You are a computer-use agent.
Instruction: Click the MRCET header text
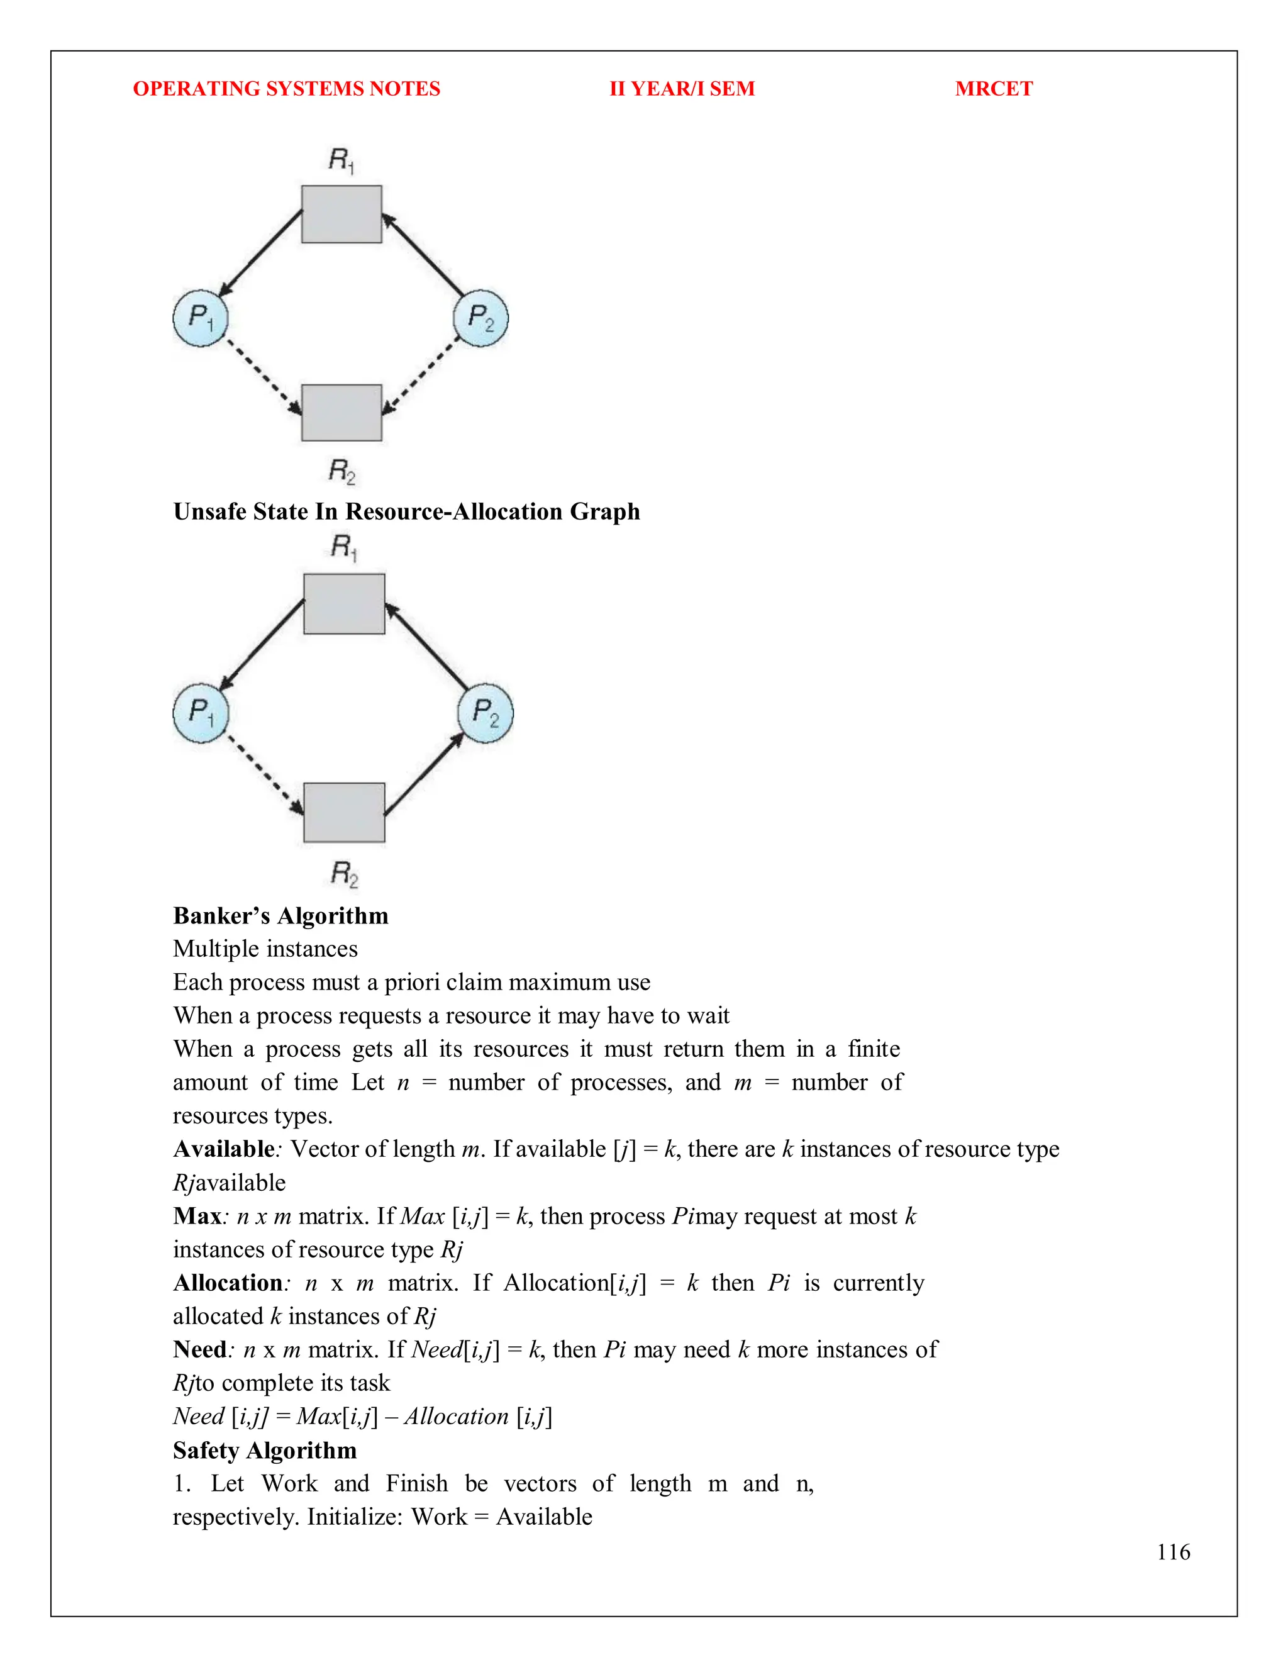pos(994,89)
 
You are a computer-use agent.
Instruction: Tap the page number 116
pos(1173,1552)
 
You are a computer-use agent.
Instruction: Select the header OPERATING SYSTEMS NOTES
pos(286,89)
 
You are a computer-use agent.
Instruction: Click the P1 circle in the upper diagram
pos(201,318)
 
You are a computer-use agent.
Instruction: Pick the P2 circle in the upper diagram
pos(480,318)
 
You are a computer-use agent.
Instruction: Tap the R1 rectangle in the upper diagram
pos(341,215)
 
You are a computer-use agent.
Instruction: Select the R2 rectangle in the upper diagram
pos(341,413)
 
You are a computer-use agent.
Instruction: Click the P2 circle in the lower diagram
pos(486,713)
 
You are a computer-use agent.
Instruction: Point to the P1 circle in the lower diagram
pos(201,713)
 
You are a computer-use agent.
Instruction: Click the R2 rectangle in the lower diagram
pos(344,812)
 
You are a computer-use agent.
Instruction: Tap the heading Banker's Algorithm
pos(280,915)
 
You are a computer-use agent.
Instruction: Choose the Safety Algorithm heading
pos(265,1449)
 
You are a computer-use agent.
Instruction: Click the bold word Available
pos(223,1149)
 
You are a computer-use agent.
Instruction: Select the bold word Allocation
pos(228,1282)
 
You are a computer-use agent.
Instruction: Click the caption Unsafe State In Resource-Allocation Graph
pos(406,511)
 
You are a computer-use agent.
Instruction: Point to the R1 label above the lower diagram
pos(343,547)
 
